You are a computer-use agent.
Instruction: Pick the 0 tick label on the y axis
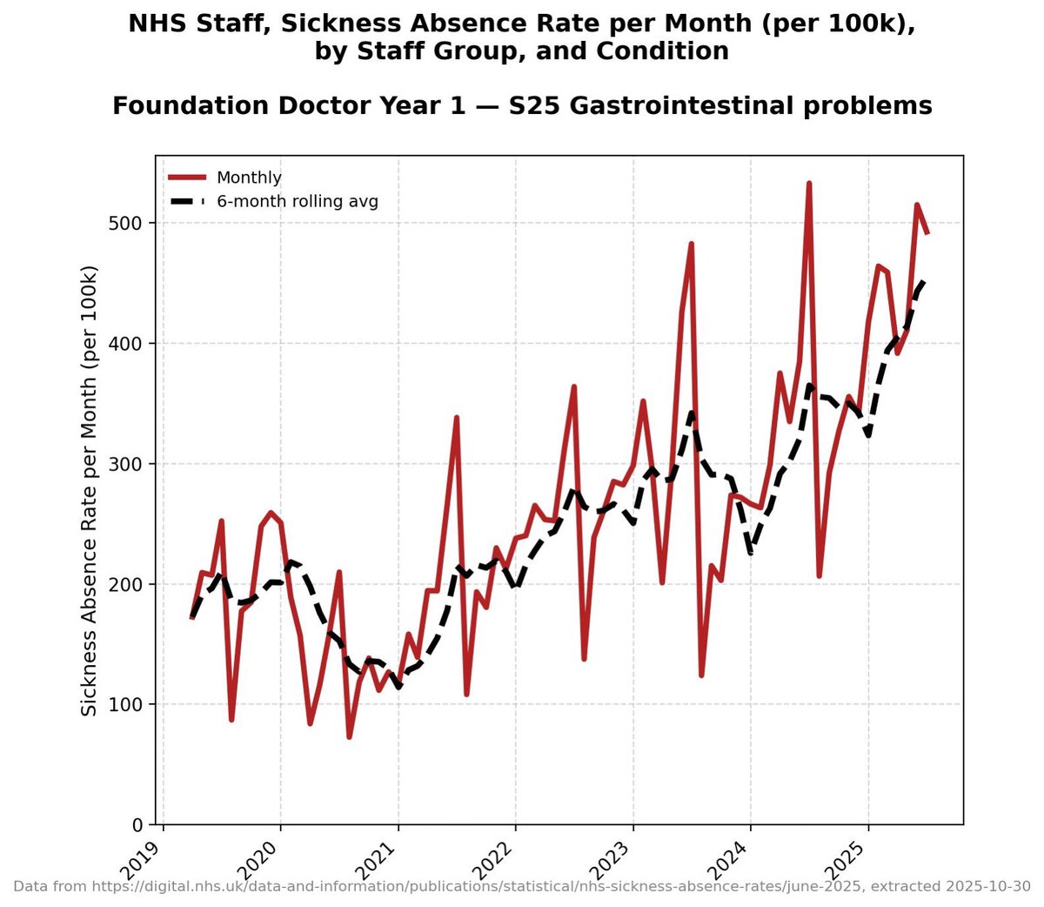[137, 824]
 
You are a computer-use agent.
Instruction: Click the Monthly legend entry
[249, 178]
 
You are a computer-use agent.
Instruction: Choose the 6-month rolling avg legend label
[297, 202]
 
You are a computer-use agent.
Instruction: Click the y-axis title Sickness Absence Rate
[89, 491]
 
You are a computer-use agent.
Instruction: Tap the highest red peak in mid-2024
[809, 184]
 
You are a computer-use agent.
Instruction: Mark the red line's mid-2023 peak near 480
[692, 244]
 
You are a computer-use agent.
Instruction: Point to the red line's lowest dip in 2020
[349, 736]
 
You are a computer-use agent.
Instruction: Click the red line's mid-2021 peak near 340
[457, 418]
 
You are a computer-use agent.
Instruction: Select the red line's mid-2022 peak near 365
[574, 386]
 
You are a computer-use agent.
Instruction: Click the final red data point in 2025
[927, 233]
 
